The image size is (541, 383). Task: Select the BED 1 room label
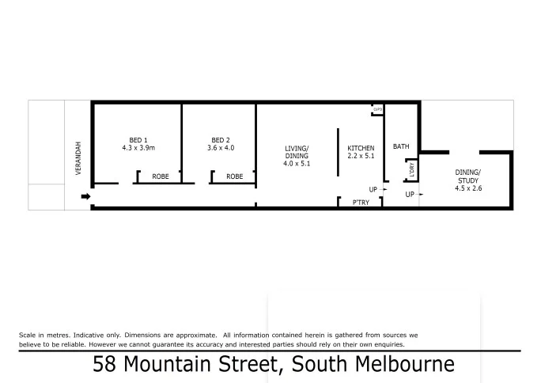pyautogui.click(x=138, y=139)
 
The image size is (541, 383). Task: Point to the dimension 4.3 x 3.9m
pyautogui.click(x=138, y=148)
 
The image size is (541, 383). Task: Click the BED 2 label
pyautogui.click(x=221, y=139)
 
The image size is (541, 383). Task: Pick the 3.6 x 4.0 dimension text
pyautogui.click(x=221, y=148)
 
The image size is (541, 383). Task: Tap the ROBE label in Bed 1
pyautogui.click(x=160, y=176)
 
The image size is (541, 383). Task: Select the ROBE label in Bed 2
pyautogui.click(x=235, y=176)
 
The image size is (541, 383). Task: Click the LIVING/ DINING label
pyautogui.click(x=297, y=152)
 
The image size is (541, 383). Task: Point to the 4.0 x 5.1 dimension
pyautogui.click(x=297, y=165)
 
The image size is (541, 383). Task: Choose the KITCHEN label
pyautogui.click(x=361, y=148)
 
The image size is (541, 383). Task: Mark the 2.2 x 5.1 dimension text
pyautogui.click(x=361, y=156)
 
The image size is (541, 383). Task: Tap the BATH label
pyautogui.click(x=402, y=146)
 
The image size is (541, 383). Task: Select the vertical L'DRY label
pyautogui.click(x=411, y=169)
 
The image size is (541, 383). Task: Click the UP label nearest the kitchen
pyautogui.click(x=373, y=189)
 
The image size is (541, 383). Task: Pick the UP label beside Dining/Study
pyautogui.click(x=410, y=194)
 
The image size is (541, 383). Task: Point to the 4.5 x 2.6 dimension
pyautogui.click(x=467, y=188)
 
